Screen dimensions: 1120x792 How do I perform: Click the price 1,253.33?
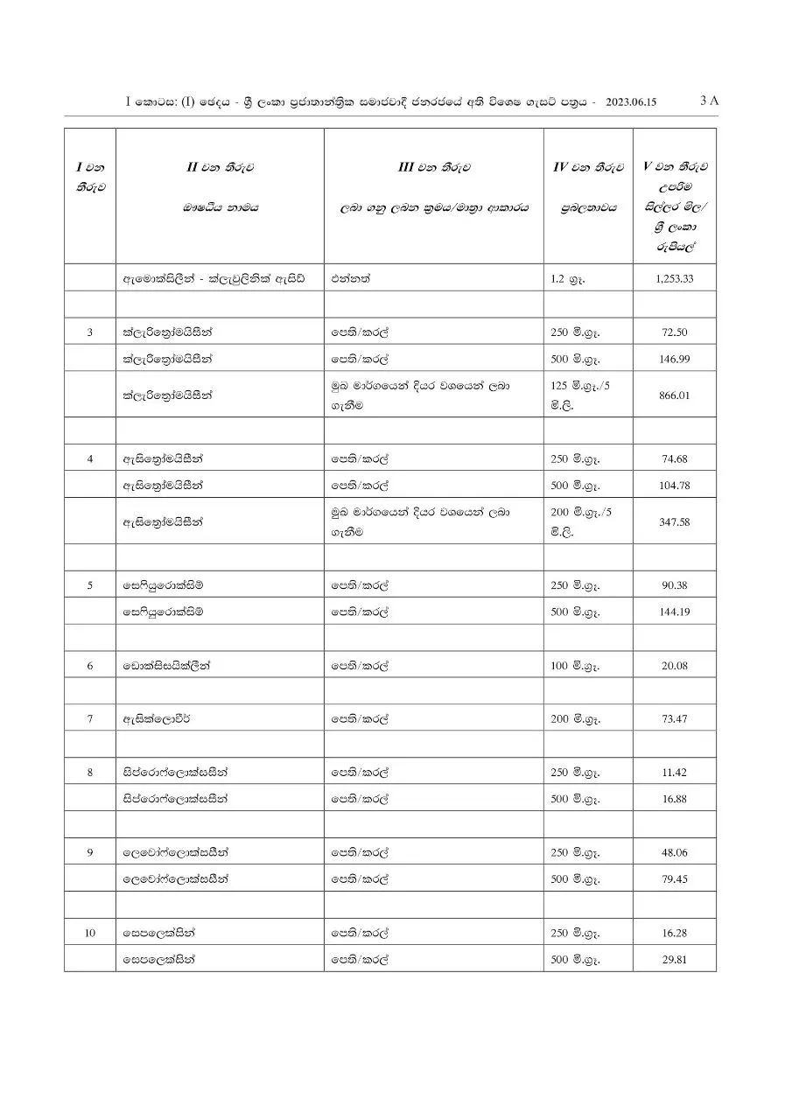674,279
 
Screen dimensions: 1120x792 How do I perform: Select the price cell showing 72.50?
674,332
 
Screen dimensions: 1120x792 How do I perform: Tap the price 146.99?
674,359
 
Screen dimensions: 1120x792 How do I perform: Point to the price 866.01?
674,395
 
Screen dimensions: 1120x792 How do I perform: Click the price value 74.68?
674,458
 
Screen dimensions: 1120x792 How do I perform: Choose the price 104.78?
674,485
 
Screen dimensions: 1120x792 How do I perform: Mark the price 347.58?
674,521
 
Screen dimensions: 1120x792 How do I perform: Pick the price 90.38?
674,585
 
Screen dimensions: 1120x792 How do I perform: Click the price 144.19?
674,612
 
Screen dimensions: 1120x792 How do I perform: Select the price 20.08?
674,666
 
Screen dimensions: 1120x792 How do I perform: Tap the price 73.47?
674,719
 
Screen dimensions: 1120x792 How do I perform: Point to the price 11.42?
674,772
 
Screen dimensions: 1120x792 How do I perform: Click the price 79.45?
674,878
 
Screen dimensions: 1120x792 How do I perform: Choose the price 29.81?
674,959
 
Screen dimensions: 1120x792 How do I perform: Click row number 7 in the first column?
90,719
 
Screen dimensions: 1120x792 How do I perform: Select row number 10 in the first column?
90,933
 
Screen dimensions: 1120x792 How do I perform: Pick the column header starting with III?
433,166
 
